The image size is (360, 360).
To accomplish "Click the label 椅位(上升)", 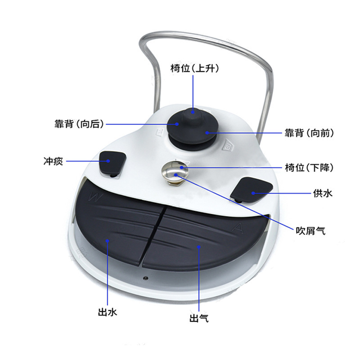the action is (194, 68).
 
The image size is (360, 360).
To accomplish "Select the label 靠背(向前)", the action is (309, 133).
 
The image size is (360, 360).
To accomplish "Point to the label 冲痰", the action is (53, 161).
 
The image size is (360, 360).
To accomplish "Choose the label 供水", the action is (322, 193).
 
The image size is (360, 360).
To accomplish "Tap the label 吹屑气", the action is (310, 231).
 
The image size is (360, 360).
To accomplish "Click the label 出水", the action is (108, 312).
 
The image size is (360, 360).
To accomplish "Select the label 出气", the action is (199, 319).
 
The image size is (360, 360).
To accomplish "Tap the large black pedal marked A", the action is (202, 238).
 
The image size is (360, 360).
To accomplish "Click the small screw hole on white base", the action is (144, 277).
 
